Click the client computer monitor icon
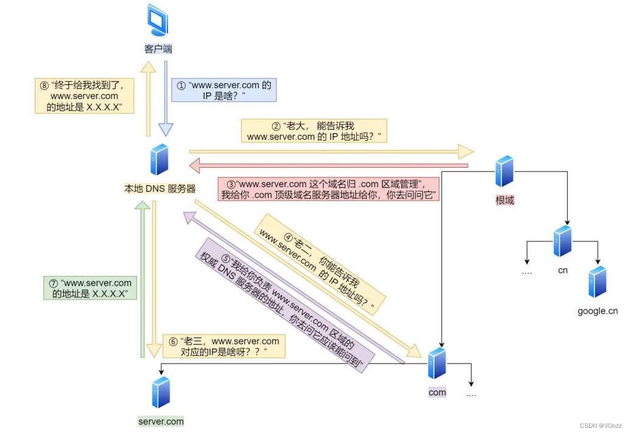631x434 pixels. pyautogui.click(x=158, y=20)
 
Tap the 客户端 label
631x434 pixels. pyautogui.click(x=158, y=49)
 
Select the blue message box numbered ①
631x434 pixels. pyautogui.click(x=224, y=90)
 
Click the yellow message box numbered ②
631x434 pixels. pyautogui.click(x=314, y=131)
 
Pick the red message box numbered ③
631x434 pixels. pyautogui.click(x=329, y=189)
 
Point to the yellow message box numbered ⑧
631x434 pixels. pyautogui.click(x=85, y=96)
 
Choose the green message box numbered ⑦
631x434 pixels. pyautogui.click(x=90, y=288)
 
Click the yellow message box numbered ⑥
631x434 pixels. pyautogui.click(x=224, y=346)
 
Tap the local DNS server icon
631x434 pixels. pyautogui.click(x=159, y=159)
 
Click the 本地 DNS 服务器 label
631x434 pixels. pyautogui.click(x=160, y=188)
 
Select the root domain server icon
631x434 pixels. pyautogui.click(x=504, y=171)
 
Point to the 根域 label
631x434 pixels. pyautogui.click(x=504, y=200)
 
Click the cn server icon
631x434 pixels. pyautogui.click(x=563, y=241)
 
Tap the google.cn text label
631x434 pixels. pyautogui.click(x=598, y=311)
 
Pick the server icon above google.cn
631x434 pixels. pyautogui.click(x=598, y=281)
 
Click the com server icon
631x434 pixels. pyautogui.click(x=437, y=363)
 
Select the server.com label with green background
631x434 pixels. pyautogui.click(x=161, y=421)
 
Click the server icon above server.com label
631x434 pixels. pyautogui.click(x=161, y=392)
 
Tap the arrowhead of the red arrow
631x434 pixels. pyautogui.click(x=195, y=165)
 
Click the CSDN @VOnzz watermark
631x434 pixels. pyautogui.click(x=601, y=425)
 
